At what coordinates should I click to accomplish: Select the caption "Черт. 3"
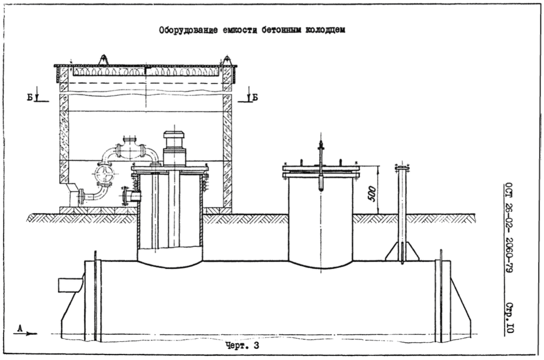(243, 346)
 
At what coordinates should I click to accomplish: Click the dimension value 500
(371, 193)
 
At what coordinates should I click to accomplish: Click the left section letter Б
(30, 97)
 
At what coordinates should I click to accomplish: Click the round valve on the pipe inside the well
(103, 175)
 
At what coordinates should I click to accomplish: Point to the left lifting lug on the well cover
(103, 59)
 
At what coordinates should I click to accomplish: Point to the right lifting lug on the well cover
(227, 60)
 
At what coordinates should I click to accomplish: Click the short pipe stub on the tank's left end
(70, 285)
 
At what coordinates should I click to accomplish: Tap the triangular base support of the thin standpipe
(402, 251)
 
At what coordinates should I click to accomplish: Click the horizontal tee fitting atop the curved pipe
(131, 150)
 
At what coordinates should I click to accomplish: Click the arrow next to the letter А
(31, 333)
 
